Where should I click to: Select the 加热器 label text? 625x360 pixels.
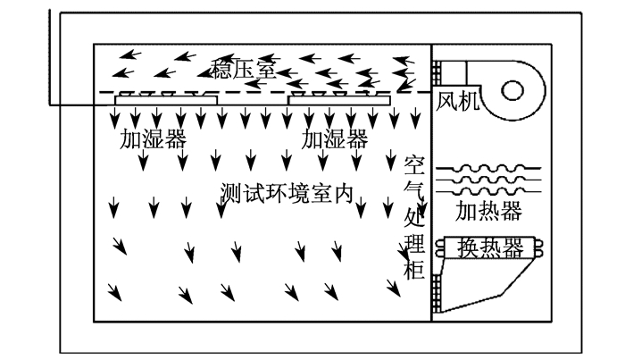[488, 211]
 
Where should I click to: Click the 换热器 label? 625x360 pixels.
[490, 248]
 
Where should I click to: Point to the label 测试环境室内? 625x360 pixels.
[287, 193]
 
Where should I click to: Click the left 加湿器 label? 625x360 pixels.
[153, 138]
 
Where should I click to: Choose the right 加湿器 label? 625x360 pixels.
[334, 138]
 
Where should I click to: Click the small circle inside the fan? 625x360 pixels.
[512, 90]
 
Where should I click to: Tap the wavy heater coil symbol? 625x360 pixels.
[488, 180]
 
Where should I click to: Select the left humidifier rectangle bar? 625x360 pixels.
[166, 100]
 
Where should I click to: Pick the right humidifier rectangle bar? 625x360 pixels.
[338, 100]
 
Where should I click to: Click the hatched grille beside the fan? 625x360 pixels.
[437, 72]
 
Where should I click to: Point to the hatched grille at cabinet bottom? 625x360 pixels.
[437, 293]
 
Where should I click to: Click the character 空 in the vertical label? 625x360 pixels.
[414, 166]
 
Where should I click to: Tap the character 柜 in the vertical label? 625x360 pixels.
[414, 269]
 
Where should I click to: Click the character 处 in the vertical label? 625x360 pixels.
[414, 217]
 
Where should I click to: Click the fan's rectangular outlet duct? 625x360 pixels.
[454, 72]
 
